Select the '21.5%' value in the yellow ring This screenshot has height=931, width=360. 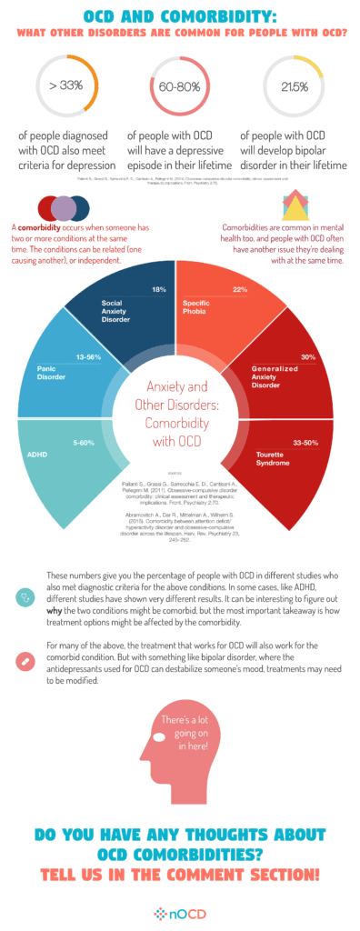tap(291, 86)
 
